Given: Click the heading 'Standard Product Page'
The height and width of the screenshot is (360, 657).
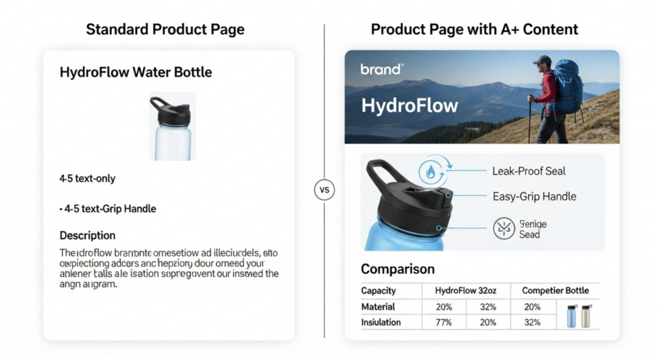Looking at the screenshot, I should coord(165,29).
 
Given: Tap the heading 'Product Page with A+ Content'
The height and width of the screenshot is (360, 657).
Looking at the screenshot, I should coord(475,29).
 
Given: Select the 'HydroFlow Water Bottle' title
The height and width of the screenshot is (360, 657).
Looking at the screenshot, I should coord(136,72).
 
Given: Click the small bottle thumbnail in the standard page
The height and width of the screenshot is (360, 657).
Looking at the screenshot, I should coord(172,126).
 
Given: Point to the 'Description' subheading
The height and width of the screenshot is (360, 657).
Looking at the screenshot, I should coord(87,236).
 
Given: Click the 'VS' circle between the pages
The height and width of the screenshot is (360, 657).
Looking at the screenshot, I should coord(325,190).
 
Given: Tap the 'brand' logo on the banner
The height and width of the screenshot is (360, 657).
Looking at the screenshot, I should coord(381,70).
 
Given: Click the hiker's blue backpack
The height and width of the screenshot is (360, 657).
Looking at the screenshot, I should coord(568,87).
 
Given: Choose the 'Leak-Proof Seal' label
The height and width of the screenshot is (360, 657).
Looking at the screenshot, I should coord(529,171).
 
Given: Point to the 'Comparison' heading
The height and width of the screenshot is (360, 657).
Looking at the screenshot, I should coord(397,269).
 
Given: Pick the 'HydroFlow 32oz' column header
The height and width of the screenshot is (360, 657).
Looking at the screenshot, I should coord(466,290).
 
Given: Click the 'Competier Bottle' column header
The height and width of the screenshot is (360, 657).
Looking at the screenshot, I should coord(555,290).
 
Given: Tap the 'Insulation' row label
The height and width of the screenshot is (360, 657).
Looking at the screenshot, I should coord(381,322).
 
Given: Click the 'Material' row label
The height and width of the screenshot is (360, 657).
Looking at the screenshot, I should coord(378,307).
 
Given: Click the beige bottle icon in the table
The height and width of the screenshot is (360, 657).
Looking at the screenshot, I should coord(586,316).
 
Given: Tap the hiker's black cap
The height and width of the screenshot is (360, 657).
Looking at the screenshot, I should coord(542,59).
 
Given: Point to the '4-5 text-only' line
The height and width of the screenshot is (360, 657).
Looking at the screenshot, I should coord(87,179).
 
